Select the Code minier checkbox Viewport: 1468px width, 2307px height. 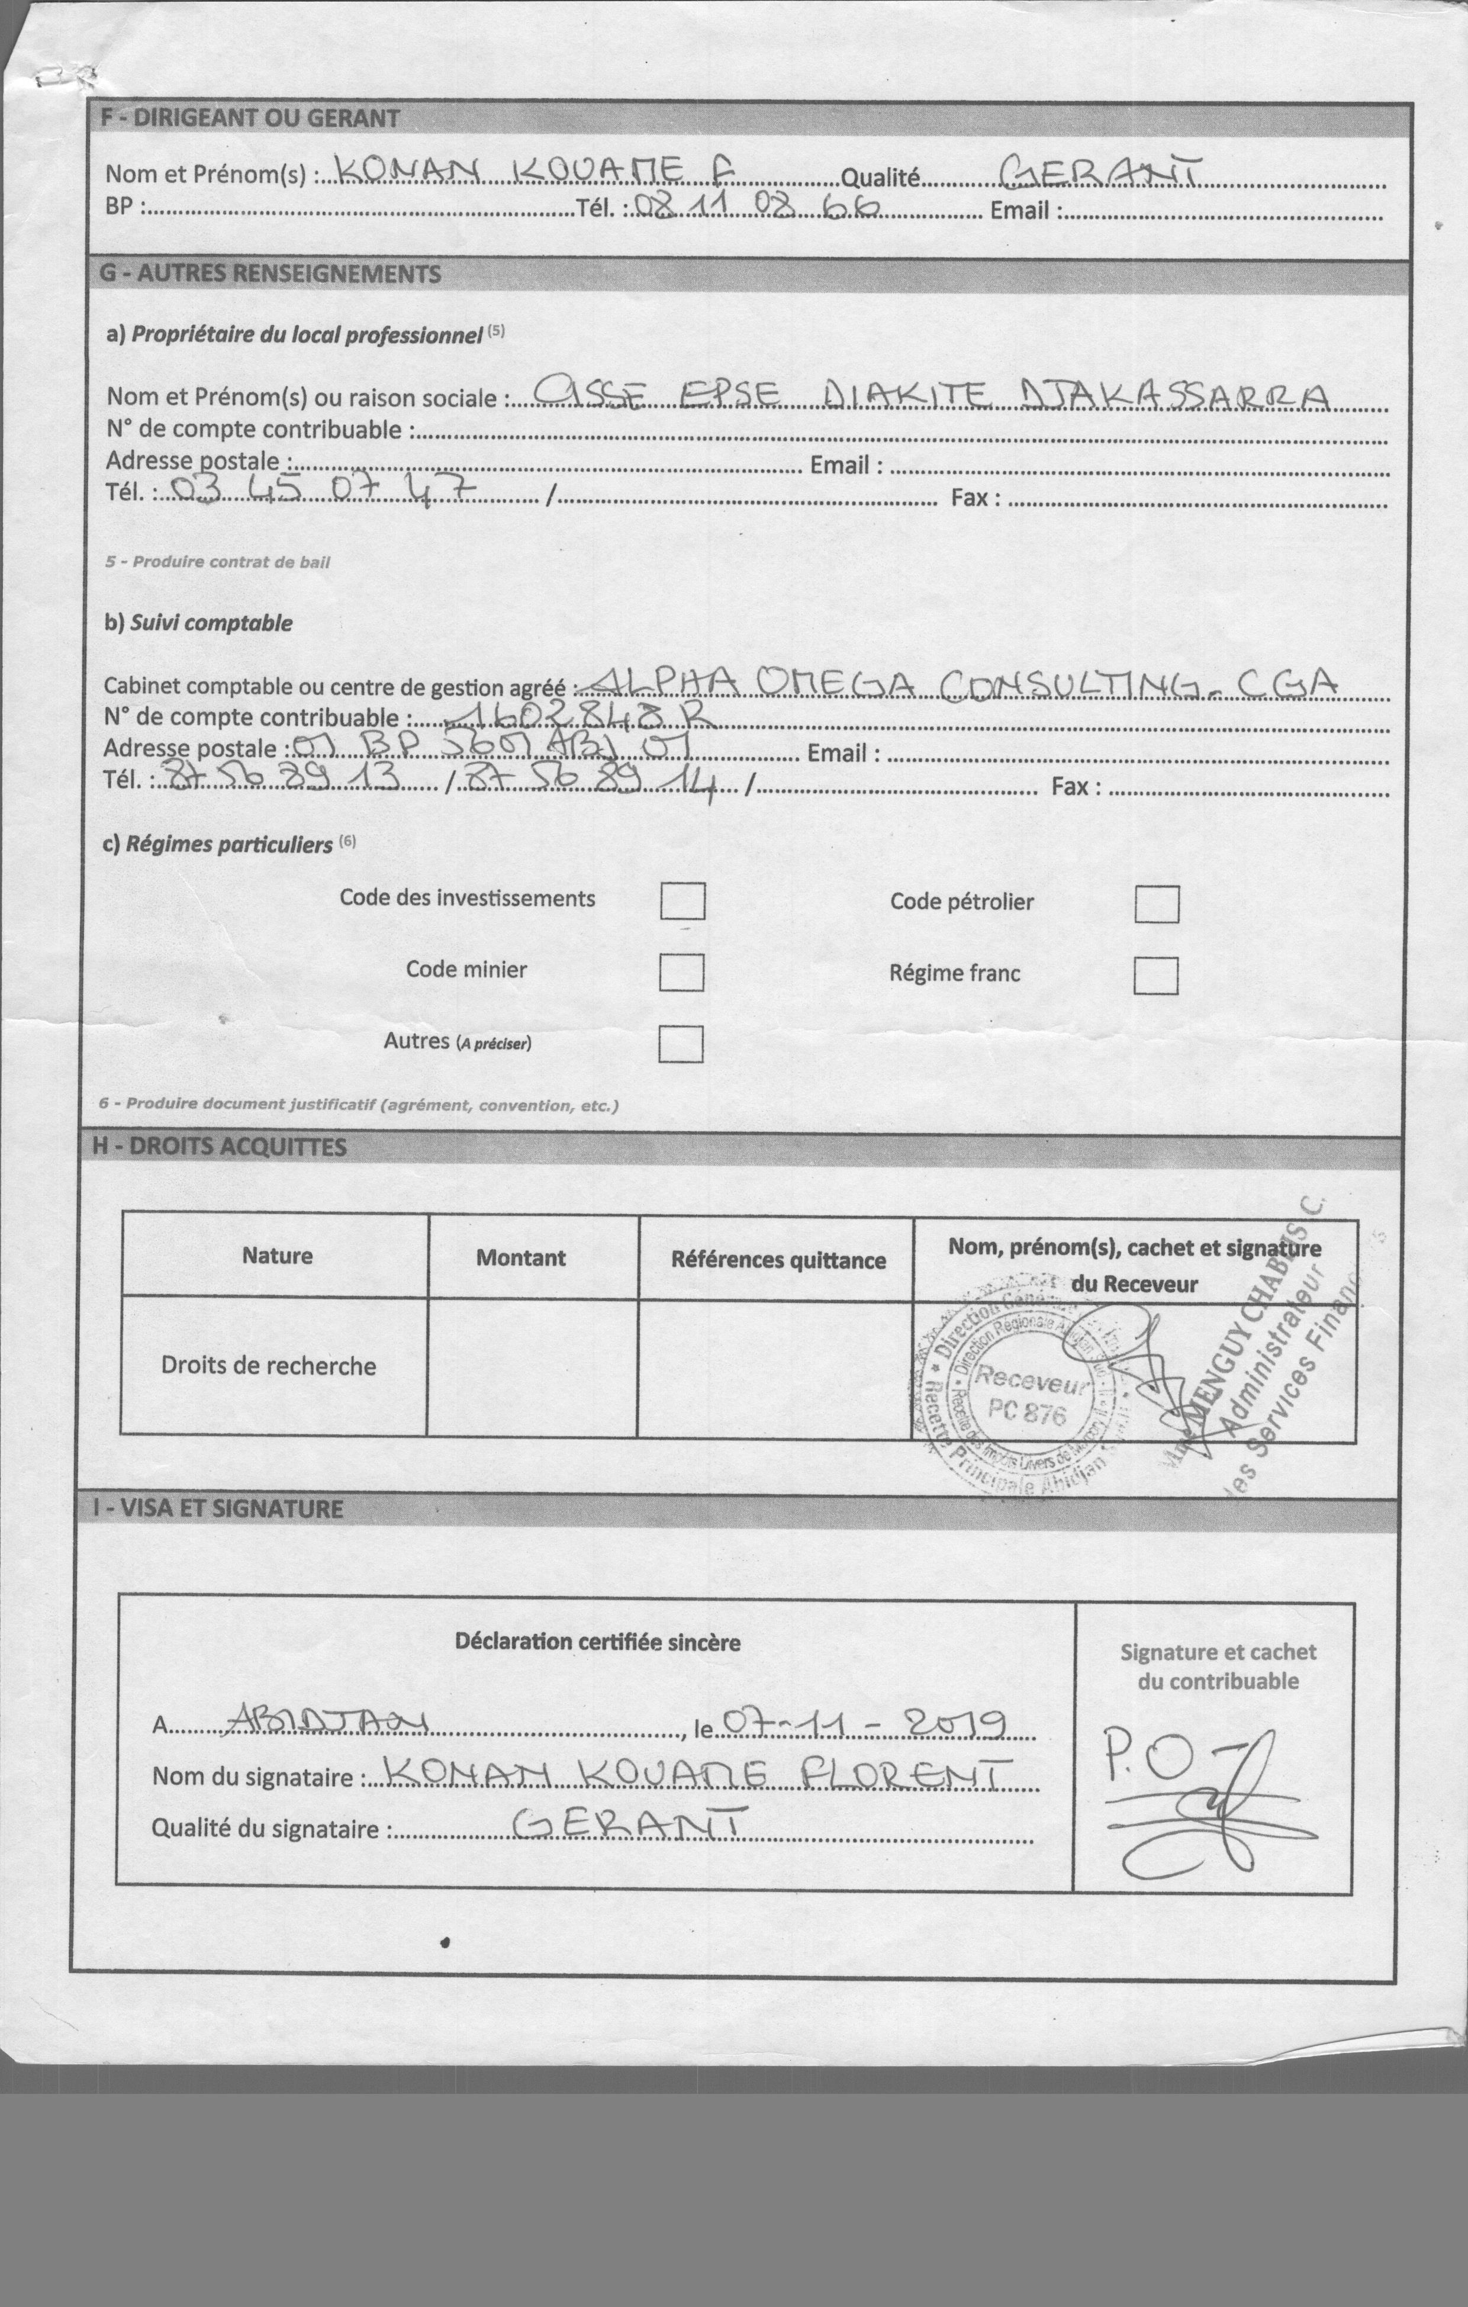(x=681, y=973)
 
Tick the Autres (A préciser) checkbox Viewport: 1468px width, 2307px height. (x=680, y=1044)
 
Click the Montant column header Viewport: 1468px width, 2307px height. (x=521, y=1258)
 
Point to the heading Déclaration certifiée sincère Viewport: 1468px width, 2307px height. (x=597, y=1642)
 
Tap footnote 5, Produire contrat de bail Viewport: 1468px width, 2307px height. (x=217, y=562)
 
